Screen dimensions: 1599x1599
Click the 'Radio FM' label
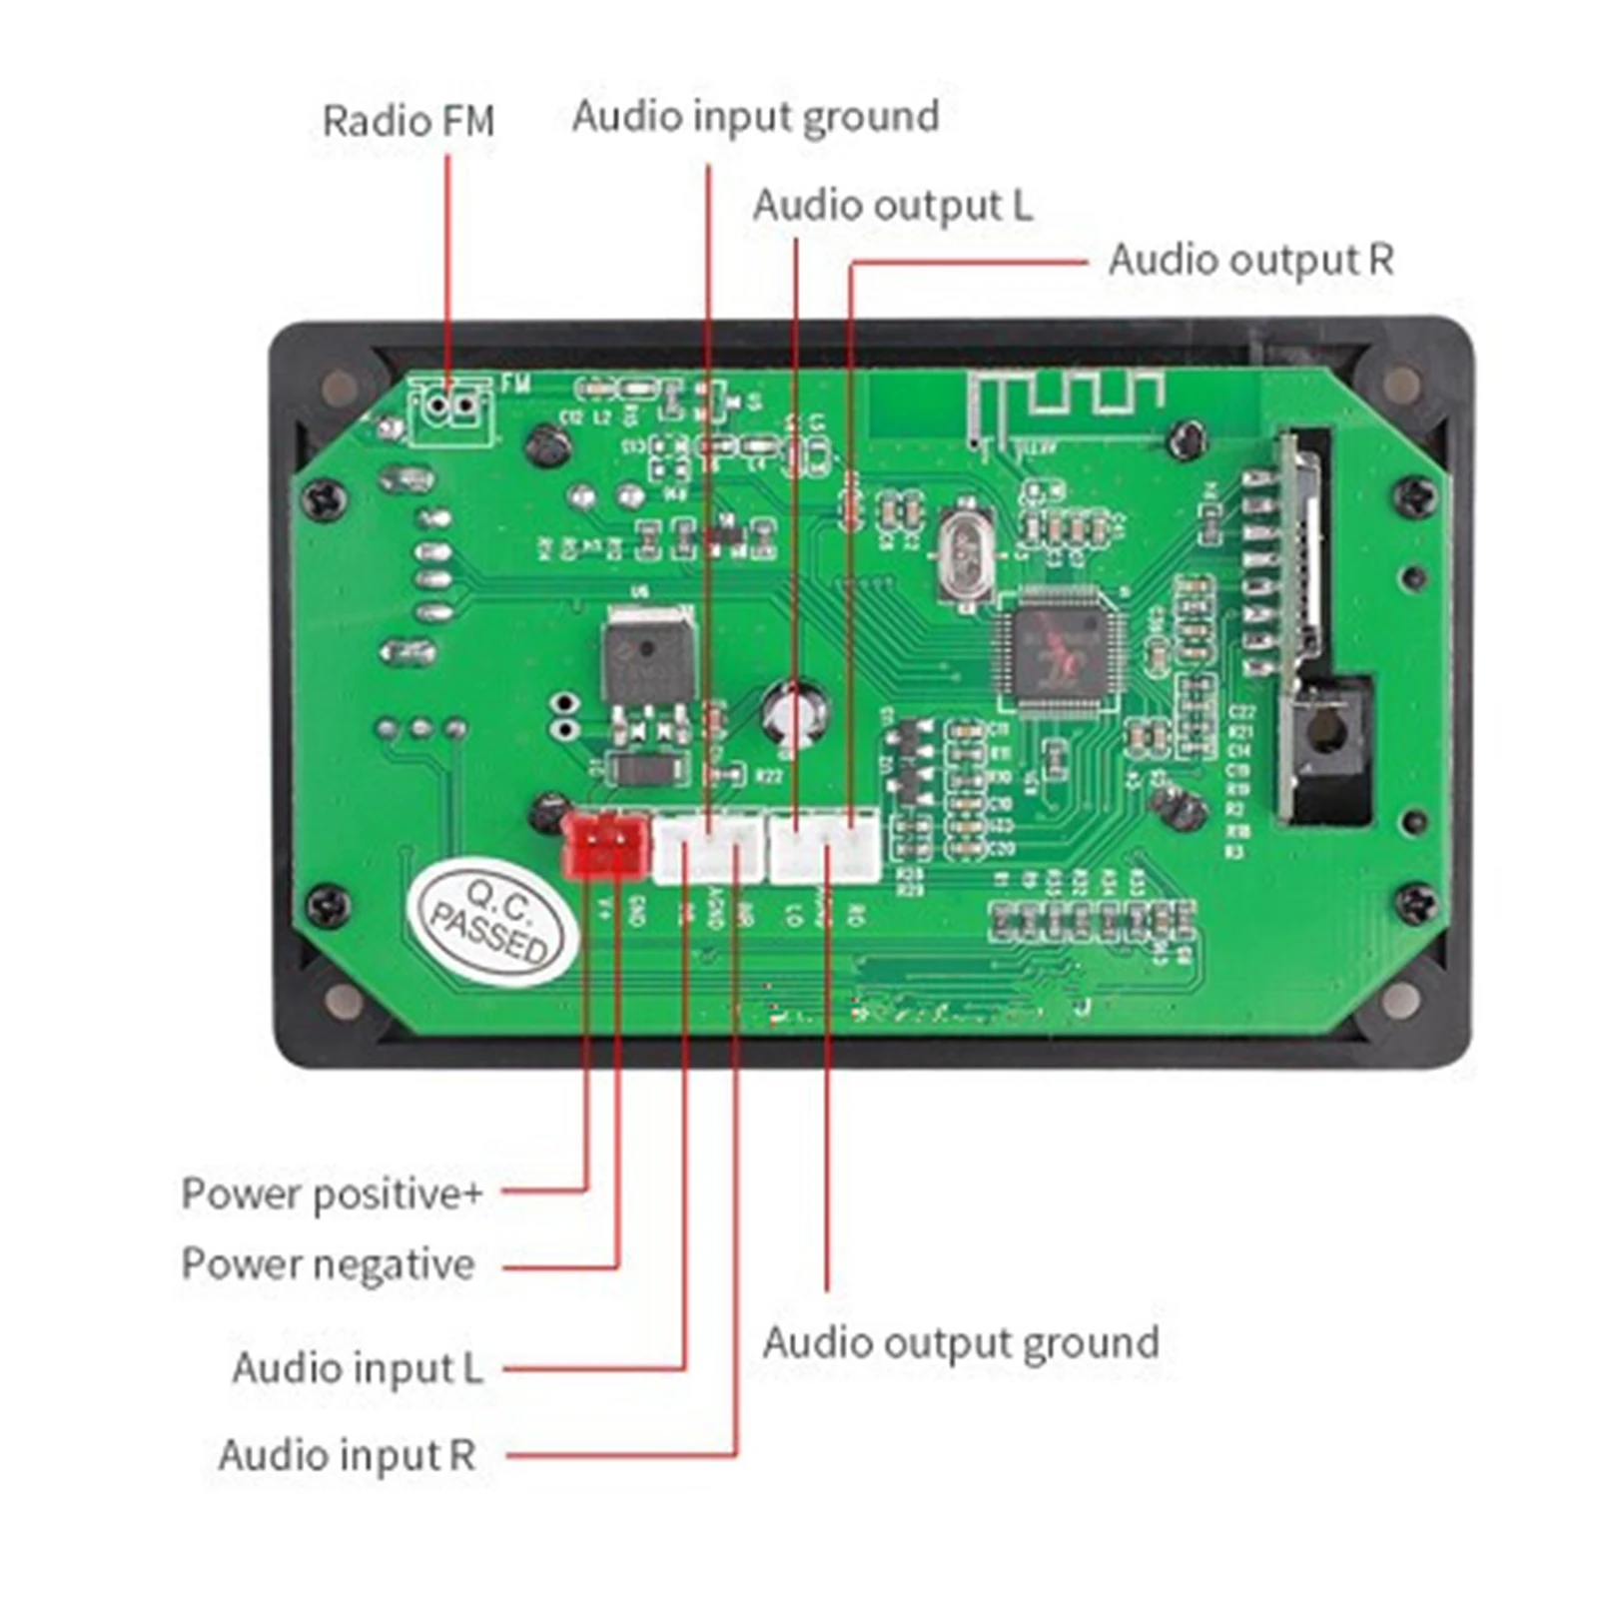(408, 121)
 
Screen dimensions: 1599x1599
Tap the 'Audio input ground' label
(755, 117)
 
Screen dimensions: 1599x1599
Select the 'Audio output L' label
(892, 206)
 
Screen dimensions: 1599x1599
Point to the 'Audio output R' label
(1250, 260)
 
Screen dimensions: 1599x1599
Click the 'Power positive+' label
(332, 1194)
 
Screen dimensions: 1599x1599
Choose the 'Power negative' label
(328, 1264)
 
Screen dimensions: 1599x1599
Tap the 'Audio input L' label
(357, 1367)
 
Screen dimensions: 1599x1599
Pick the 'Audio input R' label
(347, 1455)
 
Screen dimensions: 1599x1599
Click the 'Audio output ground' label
(961, 1342)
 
